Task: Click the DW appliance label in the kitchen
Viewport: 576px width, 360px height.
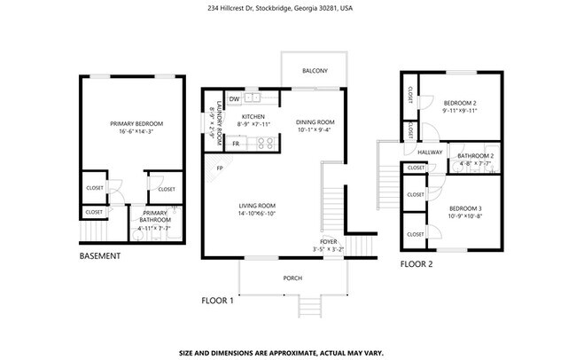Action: pos(234,99)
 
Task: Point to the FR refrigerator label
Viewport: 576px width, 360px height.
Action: pos(236,144)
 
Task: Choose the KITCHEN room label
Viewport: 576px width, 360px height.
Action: pos(253,117)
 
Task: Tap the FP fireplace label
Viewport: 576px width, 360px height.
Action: pos(218,168)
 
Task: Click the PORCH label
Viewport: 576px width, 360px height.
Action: pos(292,278)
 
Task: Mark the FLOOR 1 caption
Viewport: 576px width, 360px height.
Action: pos(217,301)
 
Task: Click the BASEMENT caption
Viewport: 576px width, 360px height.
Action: pos(100,256)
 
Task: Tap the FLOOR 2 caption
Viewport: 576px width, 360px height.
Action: pos(416,264)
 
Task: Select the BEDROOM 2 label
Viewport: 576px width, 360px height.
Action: pos(461,103)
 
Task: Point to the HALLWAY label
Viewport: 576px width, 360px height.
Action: pos(430,153)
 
